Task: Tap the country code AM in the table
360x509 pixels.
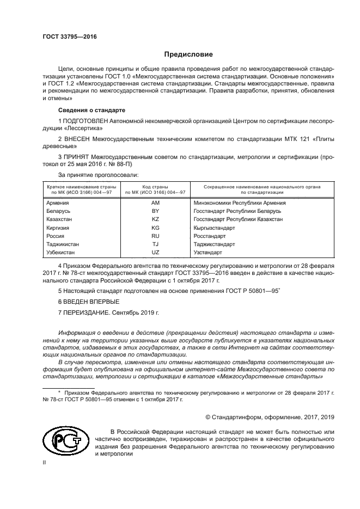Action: (x=155, y=203)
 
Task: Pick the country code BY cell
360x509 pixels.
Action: (x=155, y=211)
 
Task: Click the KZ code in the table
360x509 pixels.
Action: (x=155, y=219)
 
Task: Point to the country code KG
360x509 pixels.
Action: (x=155, y=228)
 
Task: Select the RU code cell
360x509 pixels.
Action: (x=155, y=236)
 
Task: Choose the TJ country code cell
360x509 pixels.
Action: (x=155, y=244)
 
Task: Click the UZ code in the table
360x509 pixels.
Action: (x=155, y=253)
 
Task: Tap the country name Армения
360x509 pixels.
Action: (x=58, y=203)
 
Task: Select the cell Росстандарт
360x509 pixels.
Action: (x=209, y=236)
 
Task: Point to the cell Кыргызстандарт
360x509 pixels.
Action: (x=214, y=228)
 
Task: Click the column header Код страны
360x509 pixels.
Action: (x=155, y=187)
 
